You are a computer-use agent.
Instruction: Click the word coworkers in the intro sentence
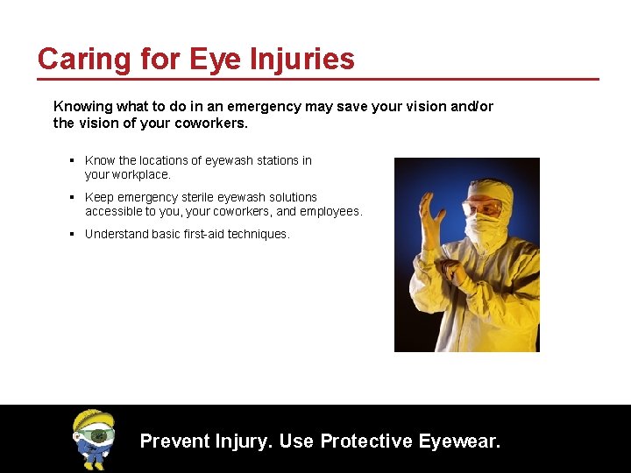(x=209, y=124)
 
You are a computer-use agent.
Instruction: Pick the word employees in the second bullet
(x=330, y=211)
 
